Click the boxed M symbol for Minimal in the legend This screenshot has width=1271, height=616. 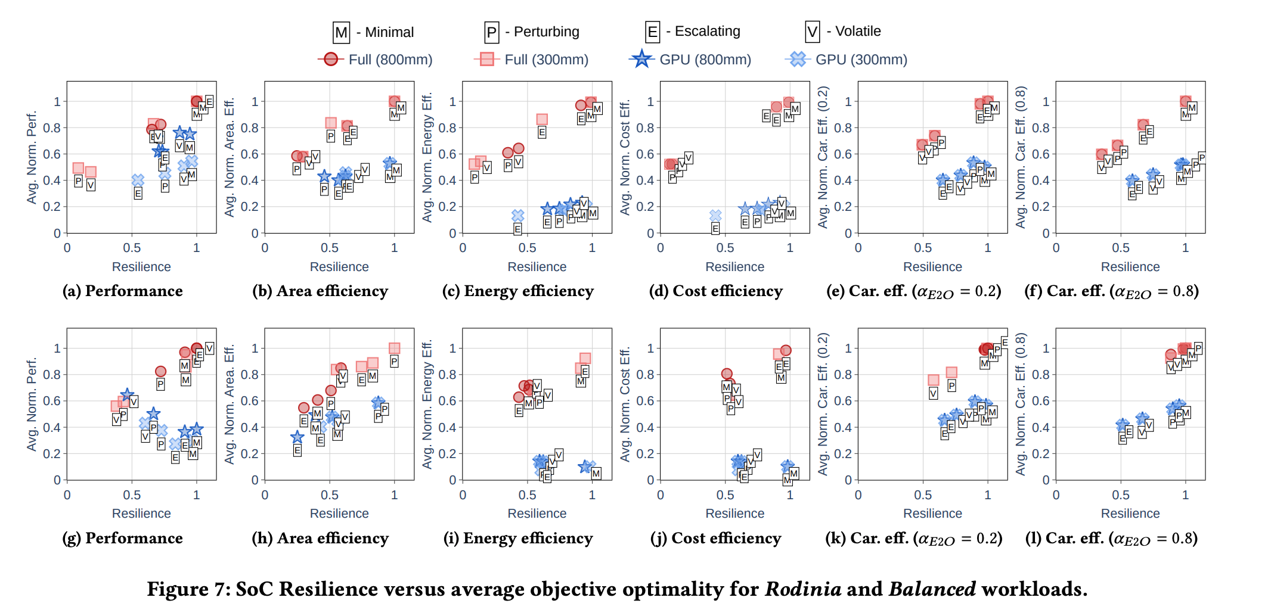point(342,32)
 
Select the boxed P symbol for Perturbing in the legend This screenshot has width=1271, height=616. point(491,32)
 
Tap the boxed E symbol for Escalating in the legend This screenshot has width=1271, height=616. point(653,32)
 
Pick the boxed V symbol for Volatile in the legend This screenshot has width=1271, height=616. point(813,32)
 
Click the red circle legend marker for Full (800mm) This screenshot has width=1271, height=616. point(331,59)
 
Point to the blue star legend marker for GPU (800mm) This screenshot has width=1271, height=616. point(641,59)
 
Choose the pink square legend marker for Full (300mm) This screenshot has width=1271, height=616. point(486,59)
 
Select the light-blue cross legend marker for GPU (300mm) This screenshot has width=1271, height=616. point(798,59)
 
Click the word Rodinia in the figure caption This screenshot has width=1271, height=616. point(803,589)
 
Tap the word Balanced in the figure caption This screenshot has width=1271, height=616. point(932,589)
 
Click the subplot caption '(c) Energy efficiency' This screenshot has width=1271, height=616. point(517,291)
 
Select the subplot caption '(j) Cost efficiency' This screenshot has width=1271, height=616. point(715,538)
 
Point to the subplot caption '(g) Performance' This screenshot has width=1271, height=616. point(122,538)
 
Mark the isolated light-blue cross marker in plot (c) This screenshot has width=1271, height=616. point(518,216)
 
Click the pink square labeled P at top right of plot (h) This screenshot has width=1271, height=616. point(394,349)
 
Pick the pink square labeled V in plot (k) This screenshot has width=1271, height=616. point(934,380)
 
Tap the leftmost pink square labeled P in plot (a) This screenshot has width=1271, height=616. point(78,168)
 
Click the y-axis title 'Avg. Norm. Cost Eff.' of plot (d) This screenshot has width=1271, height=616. point(625,158)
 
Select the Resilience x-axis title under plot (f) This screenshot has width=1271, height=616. point(1130,267)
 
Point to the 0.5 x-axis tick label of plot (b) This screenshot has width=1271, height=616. point(330,248)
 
